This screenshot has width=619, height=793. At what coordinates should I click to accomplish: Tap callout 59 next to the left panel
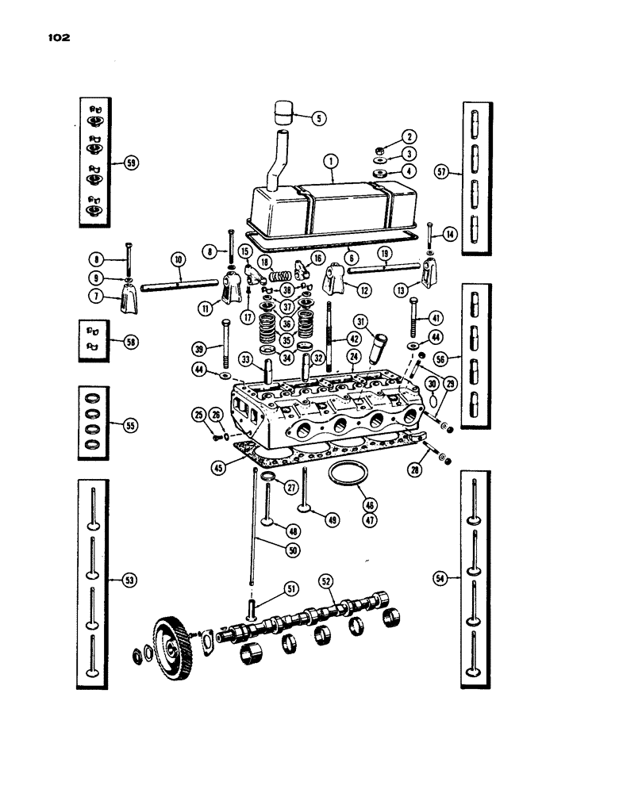131,163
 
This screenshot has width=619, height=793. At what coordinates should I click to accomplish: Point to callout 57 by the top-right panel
443,171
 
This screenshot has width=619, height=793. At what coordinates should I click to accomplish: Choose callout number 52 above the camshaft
325,580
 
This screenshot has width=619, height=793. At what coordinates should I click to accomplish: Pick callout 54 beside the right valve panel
443,580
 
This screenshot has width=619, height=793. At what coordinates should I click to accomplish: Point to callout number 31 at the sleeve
362,321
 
